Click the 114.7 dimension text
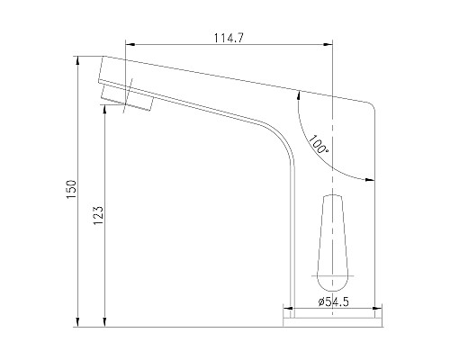point(229,38)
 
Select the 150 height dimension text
point(72,189)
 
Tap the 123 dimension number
point(98,215)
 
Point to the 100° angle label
point(318,145)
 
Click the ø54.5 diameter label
point(334,301)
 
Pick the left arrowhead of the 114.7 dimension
point(130,44)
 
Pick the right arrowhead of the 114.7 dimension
point(328,44)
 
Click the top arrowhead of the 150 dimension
point(77,61)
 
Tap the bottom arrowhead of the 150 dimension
point(77,322)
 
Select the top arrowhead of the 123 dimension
point(104,110)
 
